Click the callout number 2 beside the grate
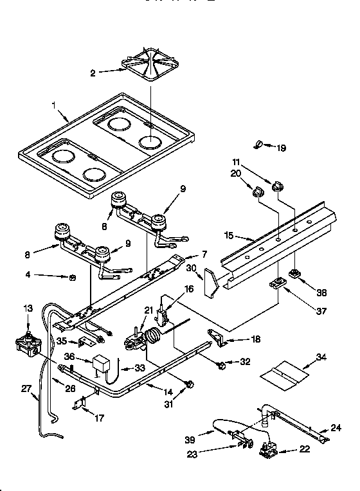pos(93,73)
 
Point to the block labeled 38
pos(296,274)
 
